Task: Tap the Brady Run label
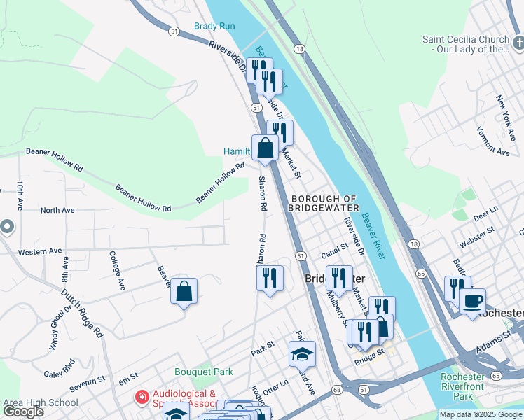(x=214, y=26)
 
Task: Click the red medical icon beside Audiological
(x=142, y=398)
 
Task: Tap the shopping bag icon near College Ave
(x=184, y=291)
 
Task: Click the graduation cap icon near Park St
(x=302, y=354)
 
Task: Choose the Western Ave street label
(x=40, y=251)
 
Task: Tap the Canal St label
(x=335, y=255)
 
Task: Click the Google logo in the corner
(x=23, y=412)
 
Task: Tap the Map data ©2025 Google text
(x=479, y=414)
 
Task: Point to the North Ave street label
(x=57, y=210)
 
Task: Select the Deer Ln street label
(x=485, y=213)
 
